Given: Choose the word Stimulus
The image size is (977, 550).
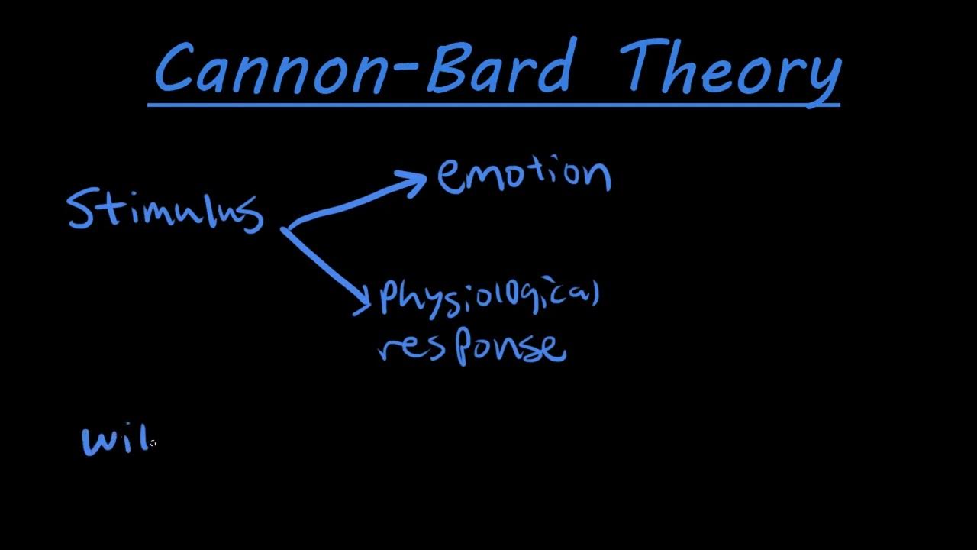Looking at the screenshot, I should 165,211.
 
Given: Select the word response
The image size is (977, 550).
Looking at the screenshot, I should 473,348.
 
